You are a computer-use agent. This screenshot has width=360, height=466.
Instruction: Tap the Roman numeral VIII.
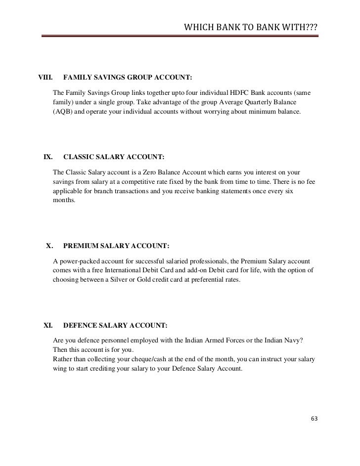45,78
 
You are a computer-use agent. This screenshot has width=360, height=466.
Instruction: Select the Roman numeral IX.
48,158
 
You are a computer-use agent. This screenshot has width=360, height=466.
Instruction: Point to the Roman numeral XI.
48,312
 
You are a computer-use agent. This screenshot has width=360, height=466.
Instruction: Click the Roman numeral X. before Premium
49,245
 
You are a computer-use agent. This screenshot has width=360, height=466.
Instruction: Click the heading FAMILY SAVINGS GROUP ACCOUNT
128,78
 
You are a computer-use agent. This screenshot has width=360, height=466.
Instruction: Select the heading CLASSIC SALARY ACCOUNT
114,158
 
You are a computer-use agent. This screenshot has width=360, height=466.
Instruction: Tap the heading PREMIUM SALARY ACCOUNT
116,245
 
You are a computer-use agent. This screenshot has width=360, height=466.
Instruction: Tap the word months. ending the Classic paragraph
64,201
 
